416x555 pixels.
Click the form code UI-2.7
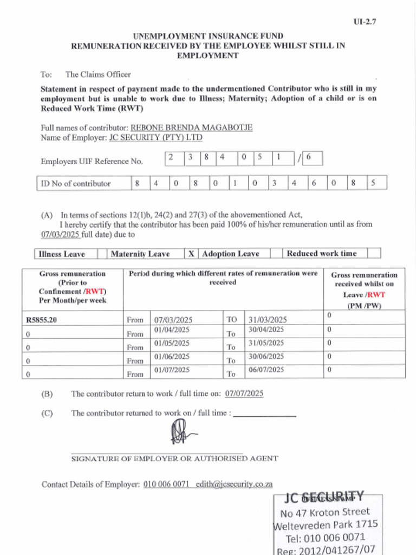[x=365, y=22]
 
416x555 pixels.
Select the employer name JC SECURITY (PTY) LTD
[x=156, y=138]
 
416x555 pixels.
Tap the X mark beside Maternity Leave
[x=191, y=254]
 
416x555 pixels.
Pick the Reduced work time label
[x=322, y=253]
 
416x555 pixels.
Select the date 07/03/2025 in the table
[x=173, y=320]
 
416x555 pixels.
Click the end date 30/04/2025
[x=266, y=330]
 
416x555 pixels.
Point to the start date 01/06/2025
[x=172, y=357]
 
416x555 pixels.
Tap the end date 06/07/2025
[x=266, y=370]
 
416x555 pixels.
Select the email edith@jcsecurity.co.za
[x=234, y=485]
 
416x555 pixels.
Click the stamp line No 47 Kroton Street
[x=325, y=512]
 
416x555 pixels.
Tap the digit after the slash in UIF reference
[x=309, y=158]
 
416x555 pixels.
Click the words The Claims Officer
[x=98, y=74]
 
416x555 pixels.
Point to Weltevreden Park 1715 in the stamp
[x=326, y=525]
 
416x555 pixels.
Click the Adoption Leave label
[x=230, y=254]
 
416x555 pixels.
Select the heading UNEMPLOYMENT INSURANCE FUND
[x=208, y=36]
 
